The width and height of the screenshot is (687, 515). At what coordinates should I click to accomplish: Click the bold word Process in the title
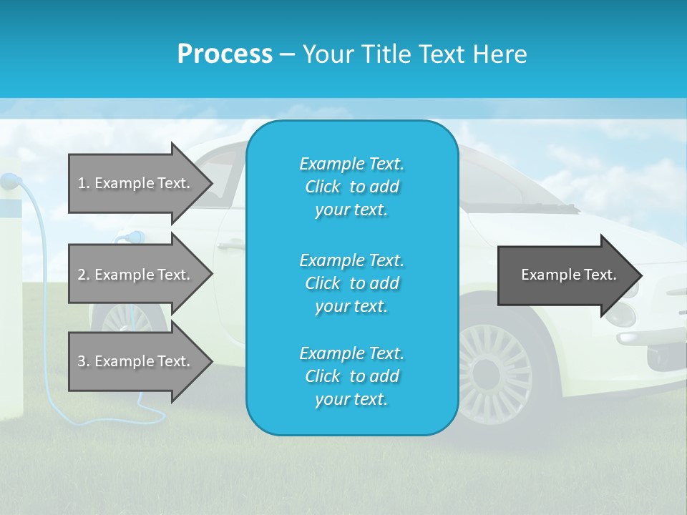[225, 54]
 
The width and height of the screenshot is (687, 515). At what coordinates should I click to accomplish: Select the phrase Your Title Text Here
[414, 54]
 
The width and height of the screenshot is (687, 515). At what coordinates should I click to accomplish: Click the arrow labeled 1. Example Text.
[136, 183]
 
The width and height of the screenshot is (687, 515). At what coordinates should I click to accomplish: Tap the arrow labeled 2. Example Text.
[136, 275]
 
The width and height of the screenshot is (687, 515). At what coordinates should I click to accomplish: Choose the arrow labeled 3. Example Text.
[136, 361]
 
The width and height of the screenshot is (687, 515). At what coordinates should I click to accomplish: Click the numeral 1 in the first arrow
[81, 183]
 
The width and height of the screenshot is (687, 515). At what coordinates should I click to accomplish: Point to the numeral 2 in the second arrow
[81, 275]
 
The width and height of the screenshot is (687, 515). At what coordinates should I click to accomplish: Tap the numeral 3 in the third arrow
[81, 361]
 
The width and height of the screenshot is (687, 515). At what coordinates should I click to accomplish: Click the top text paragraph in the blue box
[351, 187]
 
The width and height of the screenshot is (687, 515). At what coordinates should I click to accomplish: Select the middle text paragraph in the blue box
[351, 283]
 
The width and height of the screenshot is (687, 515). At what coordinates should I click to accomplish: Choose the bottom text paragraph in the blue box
[351, 376]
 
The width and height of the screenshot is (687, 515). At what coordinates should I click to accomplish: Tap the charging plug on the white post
[9, 182]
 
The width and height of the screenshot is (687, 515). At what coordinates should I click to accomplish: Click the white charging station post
[11, 300]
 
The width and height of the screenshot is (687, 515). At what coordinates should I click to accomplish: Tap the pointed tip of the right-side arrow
[640, 275]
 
